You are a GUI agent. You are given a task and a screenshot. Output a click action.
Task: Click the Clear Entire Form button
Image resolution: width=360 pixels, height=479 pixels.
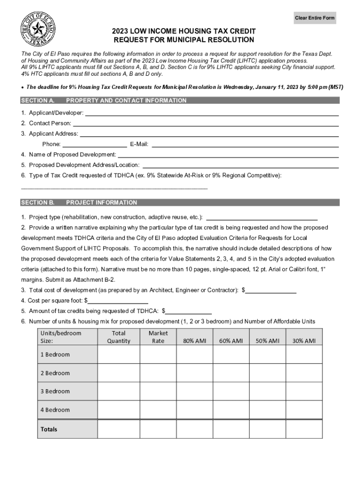[x=315, y=18]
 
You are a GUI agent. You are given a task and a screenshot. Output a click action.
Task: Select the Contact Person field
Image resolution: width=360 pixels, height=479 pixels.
[x=206, y=123]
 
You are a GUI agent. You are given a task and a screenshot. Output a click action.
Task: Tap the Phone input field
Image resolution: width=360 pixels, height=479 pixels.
[x=94, y=144]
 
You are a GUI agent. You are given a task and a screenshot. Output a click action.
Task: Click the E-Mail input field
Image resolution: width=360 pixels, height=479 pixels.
[x=245, y=144]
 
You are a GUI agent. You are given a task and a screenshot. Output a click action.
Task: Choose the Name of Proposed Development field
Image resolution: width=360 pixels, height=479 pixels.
[x=228, y=154]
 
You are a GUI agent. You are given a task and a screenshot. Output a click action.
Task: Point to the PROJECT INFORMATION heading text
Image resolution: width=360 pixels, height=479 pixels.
[x=101, y=203]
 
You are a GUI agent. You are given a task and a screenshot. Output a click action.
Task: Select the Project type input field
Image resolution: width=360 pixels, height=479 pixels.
[x=262, y=217]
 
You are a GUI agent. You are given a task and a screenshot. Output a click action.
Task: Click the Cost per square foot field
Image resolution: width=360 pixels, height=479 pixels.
[x=118, y=301]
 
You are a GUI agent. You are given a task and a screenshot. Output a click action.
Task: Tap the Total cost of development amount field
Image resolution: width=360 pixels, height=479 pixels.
[x=271, y=290]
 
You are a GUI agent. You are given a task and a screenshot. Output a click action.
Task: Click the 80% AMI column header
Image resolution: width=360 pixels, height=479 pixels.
[x=194, y=341]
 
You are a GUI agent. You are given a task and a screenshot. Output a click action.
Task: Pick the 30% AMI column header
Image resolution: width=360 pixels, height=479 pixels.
[x=304, y=341]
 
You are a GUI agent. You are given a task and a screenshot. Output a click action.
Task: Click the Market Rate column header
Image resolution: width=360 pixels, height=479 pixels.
[x=158, y=337]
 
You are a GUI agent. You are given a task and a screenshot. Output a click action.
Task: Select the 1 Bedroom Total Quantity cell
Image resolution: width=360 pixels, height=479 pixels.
[x=118, y=354]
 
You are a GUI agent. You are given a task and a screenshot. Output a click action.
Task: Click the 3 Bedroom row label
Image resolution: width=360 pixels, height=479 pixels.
[x=55, y=391]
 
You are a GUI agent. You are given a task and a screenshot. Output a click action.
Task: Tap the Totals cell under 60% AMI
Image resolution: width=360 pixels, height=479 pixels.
[x=231, y=429]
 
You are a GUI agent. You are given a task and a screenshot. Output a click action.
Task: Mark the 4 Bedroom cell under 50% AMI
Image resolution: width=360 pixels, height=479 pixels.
[x=267, y=410]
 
